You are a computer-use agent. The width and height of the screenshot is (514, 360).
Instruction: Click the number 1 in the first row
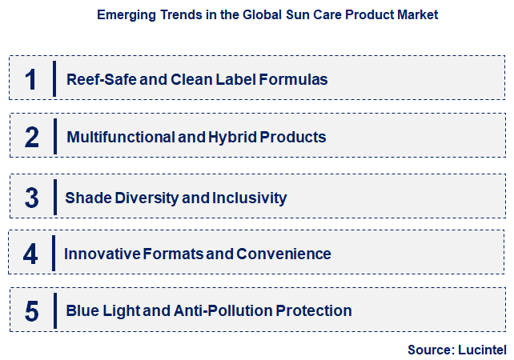click(31, 78)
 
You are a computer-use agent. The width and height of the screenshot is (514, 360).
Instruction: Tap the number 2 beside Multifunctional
click(31, 137)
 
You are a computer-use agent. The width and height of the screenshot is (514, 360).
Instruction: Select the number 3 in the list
click(31, 197)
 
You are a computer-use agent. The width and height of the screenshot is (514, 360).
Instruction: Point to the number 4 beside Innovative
click(31, 254)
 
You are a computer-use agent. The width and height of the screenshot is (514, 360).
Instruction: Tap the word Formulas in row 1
click(299, 79)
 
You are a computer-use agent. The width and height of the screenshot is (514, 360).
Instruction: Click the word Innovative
click(102, 254)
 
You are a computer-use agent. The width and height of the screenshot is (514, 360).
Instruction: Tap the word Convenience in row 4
click(289, 254)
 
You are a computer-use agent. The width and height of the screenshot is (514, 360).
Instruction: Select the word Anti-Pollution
click(223, 310)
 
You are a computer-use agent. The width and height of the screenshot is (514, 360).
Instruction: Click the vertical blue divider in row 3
click(55, 197)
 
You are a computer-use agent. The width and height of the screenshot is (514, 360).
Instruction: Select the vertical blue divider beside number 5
click(55, 310)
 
